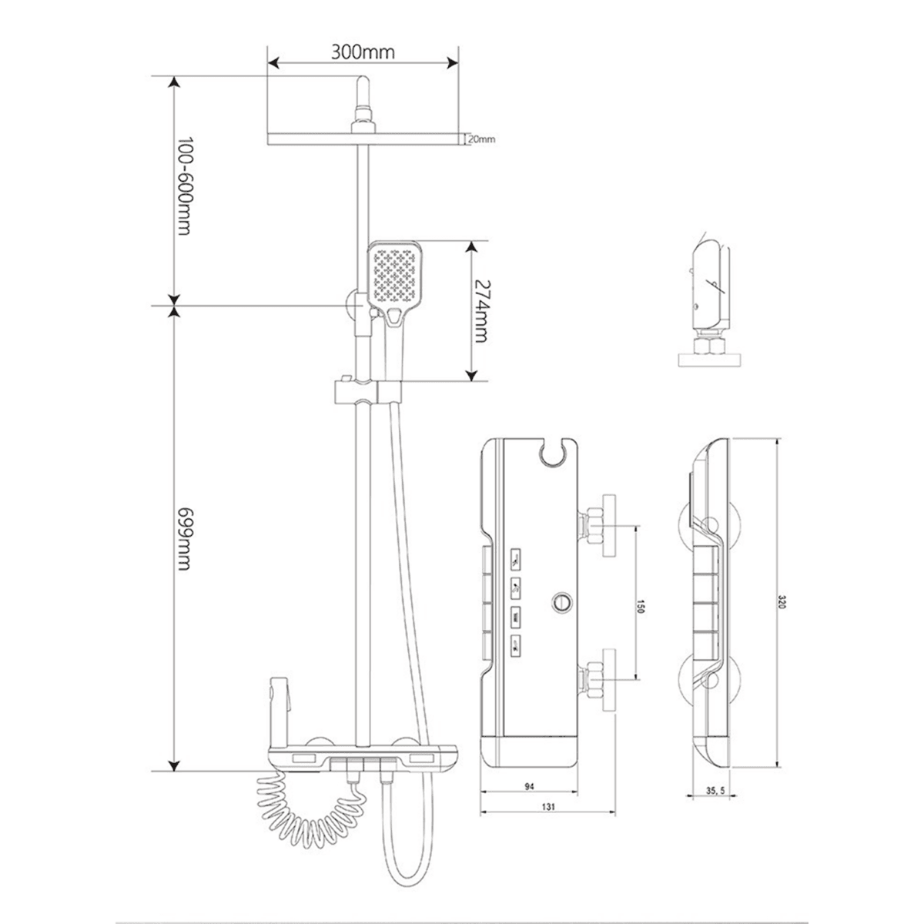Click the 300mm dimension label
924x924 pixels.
click(363, 52)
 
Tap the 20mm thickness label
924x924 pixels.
click(481, 139)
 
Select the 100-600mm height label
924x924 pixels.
click(184, 186)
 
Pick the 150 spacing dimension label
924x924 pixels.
click(641, 606)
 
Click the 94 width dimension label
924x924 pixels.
click(529, 786)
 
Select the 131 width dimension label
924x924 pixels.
click(547, 806)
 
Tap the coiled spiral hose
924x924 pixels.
click(311, 812)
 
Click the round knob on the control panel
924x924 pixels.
click(561, 602)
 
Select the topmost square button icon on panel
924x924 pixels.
click(515, 560)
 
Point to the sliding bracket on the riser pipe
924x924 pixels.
click(367, 391)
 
